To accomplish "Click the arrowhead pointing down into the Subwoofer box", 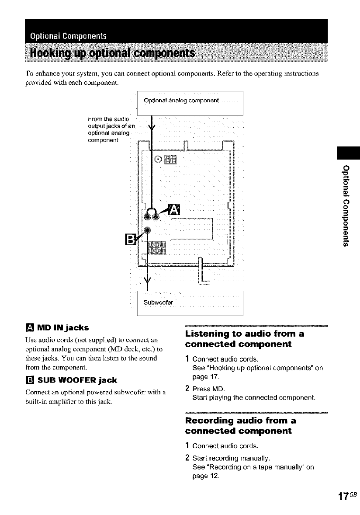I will pos(148,281).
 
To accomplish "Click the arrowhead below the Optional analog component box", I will pos(151,129).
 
